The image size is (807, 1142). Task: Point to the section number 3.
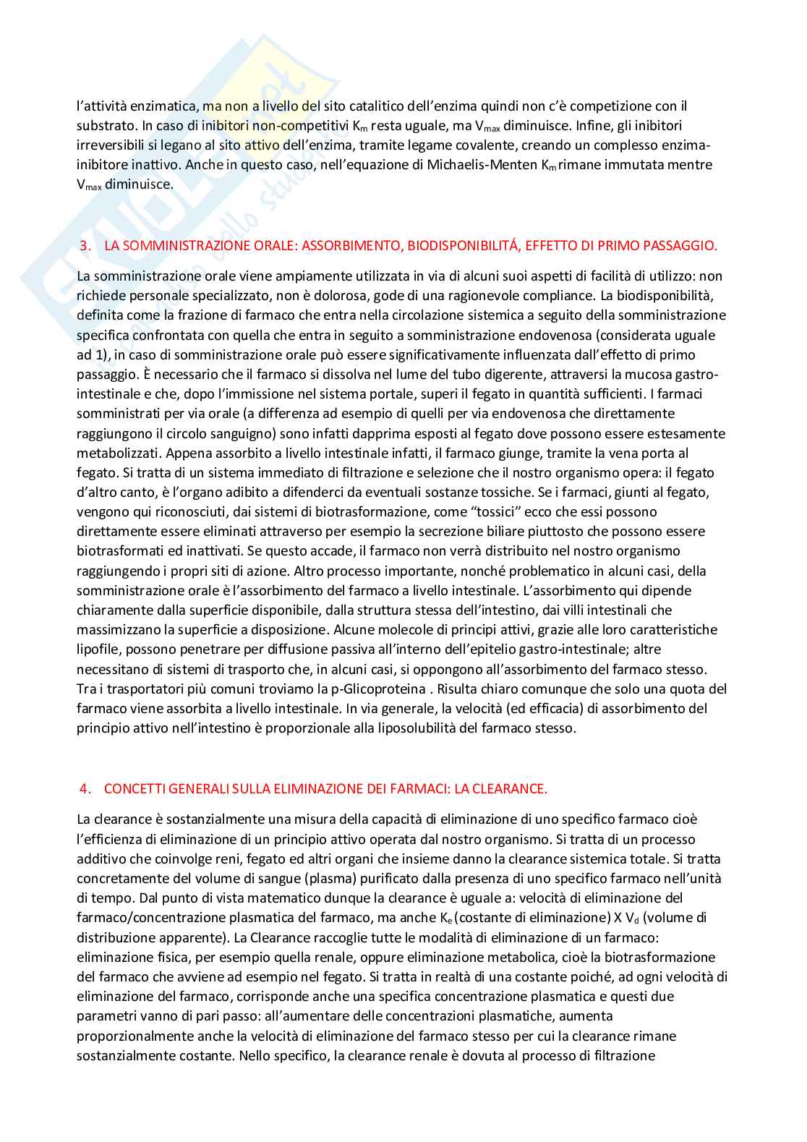pos(85,246)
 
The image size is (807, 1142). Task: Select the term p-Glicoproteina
pos(378,689)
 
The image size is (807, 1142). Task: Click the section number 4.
pos(85,789)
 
